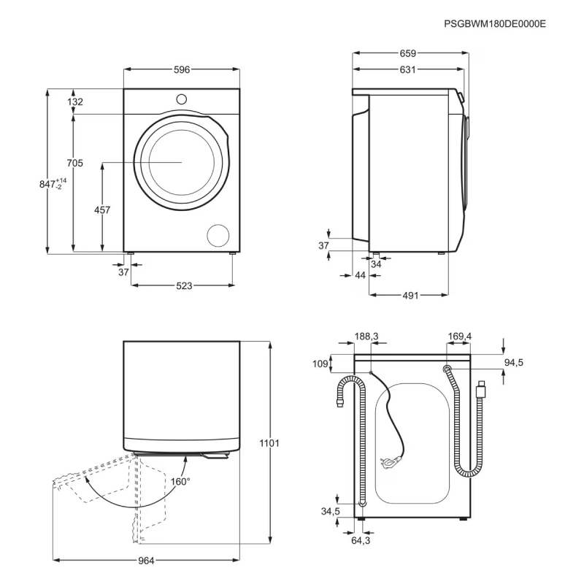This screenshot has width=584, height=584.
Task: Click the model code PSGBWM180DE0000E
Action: (495, 24)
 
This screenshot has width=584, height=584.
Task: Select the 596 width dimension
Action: (182, 69)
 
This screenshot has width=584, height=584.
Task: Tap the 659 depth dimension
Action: (408, 53)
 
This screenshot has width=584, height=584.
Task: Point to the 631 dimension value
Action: (408, 69)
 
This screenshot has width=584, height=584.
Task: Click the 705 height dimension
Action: (75, 163)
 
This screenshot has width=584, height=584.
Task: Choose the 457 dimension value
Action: (102, 210)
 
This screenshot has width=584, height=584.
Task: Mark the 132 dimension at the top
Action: (75, 101)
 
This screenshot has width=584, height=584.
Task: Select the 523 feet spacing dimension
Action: (184, 285)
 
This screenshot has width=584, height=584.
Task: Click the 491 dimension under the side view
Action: (410, 296)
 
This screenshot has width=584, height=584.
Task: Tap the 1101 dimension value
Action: (269, 443)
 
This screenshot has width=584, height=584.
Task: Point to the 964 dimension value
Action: (146, 561)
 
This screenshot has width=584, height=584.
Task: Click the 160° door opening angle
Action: (180, 482)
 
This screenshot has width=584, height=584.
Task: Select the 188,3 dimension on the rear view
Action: (366, 337)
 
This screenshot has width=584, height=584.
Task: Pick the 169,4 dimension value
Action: (460, 337)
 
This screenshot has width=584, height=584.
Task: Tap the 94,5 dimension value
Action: (514, 362)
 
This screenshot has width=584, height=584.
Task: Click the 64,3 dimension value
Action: (361, 540)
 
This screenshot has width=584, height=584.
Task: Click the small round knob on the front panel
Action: (181, 99)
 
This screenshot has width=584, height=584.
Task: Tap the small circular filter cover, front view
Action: (218, 235)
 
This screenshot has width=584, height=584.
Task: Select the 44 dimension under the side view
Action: (360, 275)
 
